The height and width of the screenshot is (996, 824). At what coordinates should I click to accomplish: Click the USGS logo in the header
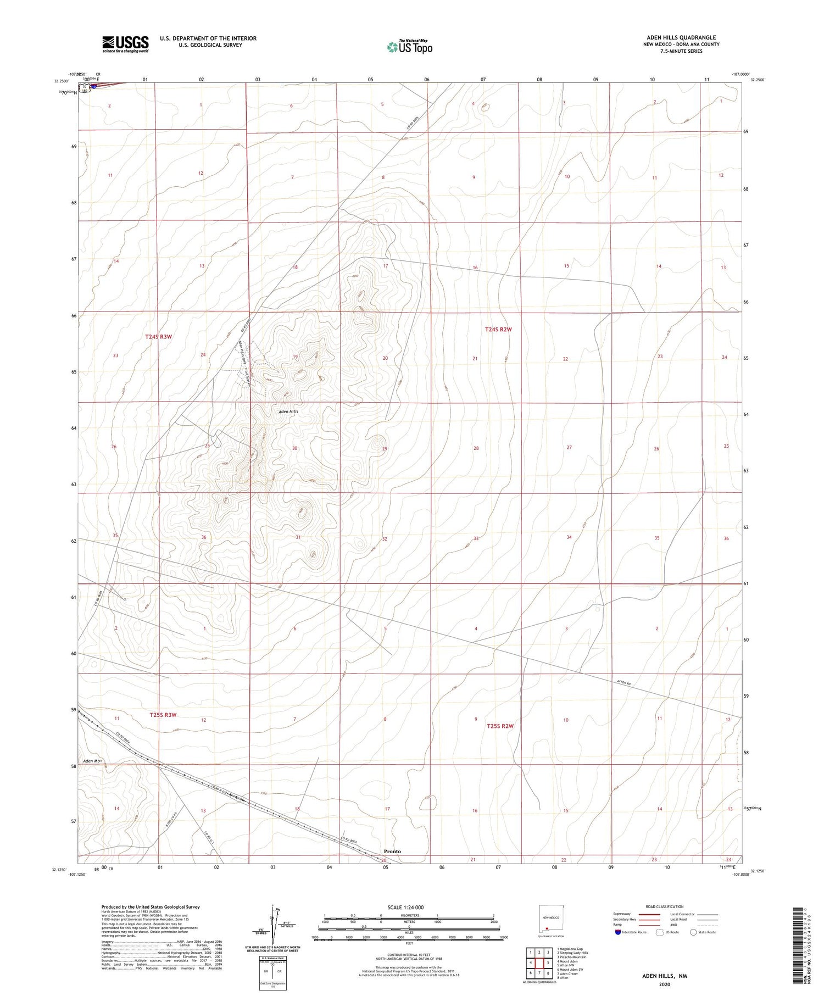coord(125,44)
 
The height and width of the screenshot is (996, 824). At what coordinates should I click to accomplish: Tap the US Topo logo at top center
coord(409,47)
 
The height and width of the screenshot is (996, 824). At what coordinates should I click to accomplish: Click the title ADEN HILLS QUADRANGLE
coord(681,38)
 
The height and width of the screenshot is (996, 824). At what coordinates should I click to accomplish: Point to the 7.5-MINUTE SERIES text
coord(682,51)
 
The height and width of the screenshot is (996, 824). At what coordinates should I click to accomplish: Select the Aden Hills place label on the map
coord(288,411)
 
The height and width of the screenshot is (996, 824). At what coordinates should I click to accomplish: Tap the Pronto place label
coord(392,851)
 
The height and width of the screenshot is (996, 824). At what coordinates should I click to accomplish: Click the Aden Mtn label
coord(93,761)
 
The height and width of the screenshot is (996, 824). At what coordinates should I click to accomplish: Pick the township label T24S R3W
coord(159,336)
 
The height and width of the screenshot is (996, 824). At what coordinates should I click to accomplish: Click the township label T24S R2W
coord(498,329)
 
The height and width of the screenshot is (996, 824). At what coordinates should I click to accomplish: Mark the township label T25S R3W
coord(163,715)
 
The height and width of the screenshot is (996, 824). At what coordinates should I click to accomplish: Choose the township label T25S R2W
coord(500,726)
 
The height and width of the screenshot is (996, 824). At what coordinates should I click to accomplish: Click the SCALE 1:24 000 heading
coord(405,907)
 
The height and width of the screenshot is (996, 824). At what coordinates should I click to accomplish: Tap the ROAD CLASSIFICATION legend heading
coord(665,906)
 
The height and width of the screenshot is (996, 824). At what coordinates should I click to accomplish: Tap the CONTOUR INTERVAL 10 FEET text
coord(409,956)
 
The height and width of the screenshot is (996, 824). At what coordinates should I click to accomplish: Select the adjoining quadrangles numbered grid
coord(539,962)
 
